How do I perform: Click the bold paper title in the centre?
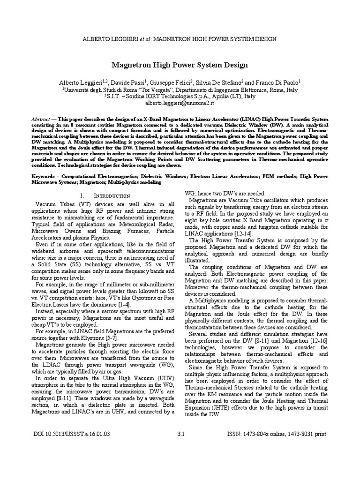click(180, 65)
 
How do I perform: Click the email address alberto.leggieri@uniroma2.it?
click(180, 102)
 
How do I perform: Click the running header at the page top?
click(180, 39)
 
